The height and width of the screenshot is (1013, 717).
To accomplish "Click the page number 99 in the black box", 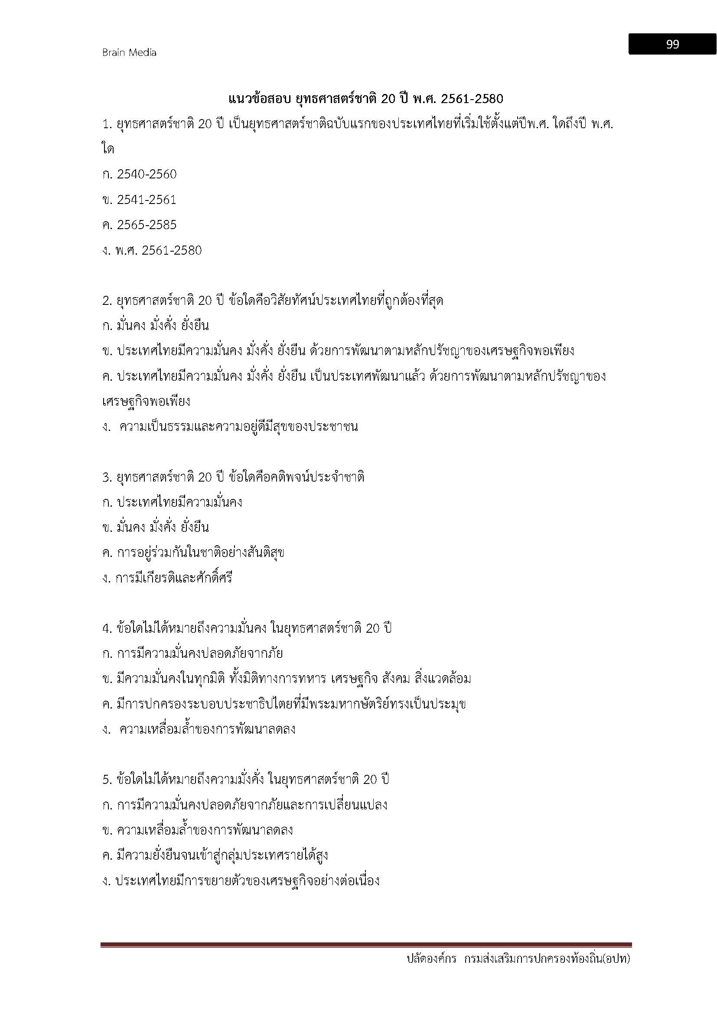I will click(x=672, y=44).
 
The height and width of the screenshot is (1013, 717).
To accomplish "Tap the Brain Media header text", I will click(x=129, y=52).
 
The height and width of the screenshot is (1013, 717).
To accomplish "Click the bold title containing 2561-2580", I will click(x=365, y=99).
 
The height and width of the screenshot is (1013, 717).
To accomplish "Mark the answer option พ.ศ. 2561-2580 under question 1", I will click(x=152, y=251).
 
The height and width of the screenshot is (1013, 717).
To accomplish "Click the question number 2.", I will click(x=106, y=301).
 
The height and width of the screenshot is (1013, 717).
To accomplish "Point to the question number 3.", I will click(x=106, y=477).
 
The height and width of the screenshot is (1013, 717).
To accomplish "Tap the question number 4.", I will click(x=106, y=628).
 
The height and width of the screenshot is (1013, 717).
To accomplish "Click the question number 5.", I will click(x=106, y=780).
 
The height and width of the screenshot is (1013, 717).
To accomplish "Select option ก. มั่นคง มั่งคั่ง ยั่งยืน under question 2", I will click(x=156, y=326).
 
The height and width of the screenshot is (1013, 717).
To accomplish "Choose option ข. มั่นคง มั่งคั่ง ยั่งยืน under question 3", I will click(x=156, y=528).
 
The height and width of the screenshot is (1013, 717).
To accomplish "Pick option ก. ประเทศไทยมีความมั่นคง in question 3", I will click(x=172, y=502).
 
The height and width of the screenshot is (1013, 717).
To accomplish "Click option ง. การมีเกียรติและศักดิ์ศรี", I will click(x=167, y=578).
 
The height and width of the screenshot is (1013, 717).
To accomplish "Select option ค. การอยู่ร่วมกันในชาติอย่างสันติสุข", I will click(x=193, y=553).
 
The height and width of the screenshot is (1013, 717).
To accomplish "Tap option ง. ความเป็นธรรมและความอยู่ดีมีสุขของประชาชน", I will click(x=230, y=427).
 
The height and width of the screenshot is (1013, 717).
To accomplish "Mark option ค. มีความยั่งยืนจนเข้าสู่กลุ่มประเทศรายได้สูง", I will click(x=215, y=855).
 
